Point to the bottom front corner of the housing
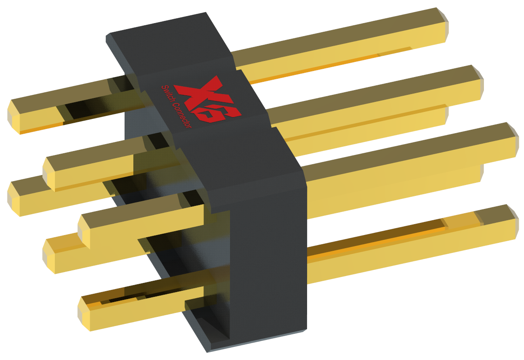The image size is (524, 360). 209,348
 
